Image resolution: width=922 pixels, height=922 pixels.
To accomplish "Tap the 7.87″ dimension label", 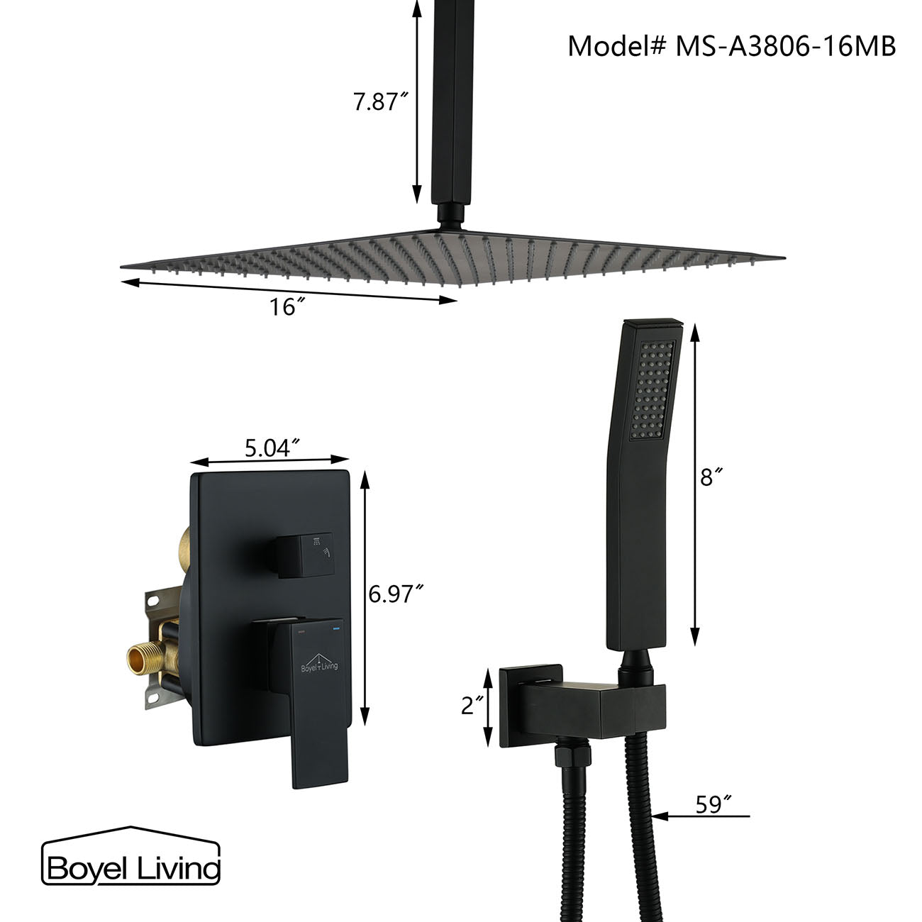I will (x=381, y=102).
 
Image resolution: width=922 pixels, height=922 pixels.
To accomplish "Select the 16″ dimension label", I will (x=287, y=307).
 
